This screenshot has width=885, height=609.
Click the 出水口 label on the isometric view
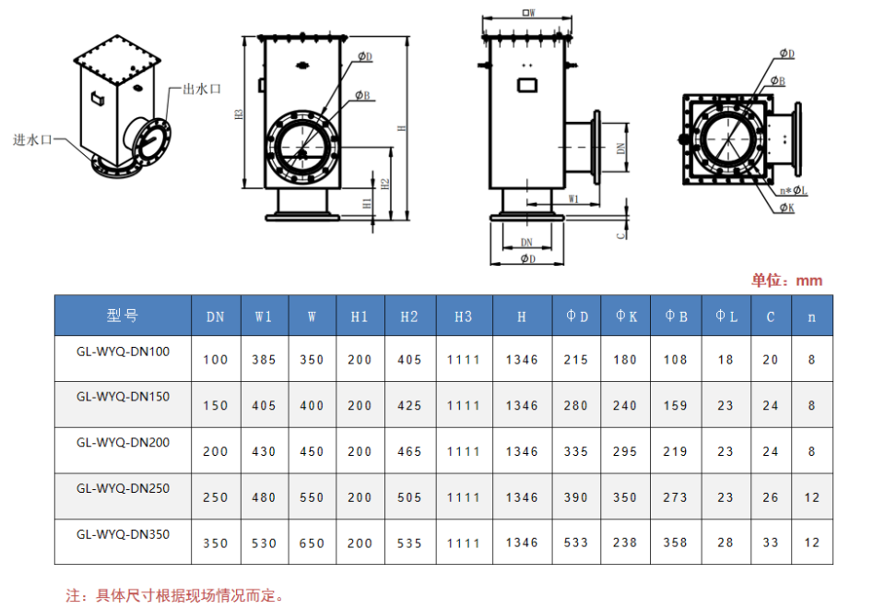coord(202,89)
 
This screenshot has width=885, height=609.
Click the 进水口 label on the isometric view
coord(32,139)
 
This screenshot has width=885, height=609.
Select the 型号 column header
coord(123,316)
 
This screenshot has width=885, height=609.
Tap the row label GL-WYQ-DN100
coord(123,352)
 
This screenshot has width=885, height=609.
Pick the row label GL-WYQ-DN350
coord(123,534)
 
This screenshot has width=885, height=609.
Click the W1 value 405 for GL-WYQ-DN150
coord(264,406)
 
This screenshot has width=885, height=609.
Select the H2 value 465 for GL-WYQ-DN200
coord(409,451)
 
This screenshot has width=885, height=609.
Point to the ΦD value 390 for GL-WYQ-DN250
coord(575,497)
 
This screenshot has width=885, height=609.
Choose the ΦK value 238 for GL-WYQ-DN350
coord(625,543)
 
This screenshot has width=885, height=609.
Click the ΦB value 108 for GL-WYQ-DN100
coord(675,360)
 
